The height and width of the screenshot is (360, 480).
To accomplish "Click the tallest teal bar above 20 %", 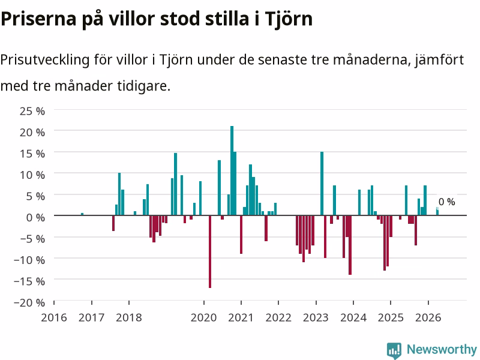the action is click(232, 170).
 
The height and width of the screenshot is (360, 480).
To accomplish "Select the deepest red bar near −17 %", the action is click(210, 251).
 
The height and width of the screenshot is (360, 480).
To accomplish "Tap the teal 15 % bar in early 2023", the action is click(322, 184).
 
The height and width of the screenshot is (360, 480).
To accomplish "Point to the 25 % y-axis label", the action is click(32, 111).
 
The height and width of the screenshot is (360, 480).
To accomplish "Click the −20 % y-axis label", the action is click(29, 302).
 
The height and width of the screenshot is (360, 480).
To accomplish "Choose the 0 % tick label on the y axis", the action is click(35, 217).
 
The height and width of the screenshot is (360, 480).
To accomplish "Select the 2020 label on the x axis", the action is click(203, 317).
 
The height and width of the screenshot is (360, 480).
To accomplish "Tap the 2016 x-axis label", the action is click(54, 317).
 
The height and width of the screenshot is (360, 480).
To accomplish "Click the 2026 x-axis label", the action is click(428, 317).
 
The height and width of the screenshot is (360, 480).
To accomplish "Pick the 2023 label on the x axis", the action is click(316, 317).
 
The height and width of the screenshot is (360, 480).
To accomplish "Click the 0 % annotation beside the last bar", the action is click(446, 202).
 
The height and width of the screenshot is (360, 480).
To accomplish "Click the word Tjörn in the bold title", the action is click(289, 19).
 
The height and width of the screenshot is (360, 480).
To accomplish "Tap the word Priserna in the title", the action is click(38, 19).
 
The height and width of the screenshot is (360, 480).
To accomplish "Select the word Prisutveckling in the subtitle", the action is click(44, 59).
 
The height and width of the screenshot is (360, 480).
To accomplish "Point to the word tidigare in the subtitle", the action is click(143, 86).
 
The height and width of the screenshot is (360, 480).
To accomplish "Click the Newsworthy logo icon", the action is click(394, 350).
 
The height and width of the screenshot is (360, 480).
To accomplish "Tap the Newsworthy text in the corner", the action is click(442, 349).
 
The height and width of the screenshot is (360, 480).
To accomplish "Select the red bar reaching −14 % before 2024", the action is click(350, 245).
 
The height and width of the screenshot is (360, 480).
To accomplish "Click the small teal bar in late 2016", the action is click(82, 214).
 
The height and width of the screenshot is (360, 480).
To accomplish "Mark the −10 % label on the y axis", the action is click(29, 260).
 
